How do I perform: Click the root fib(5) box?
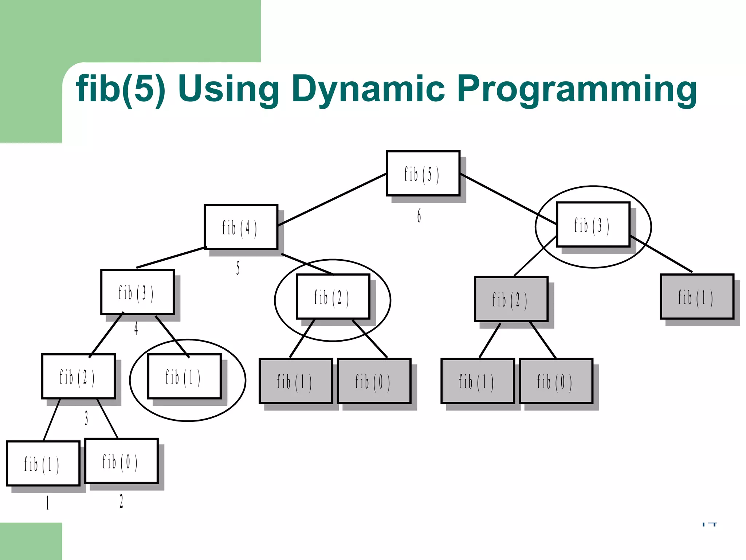pyautogui.click(x=423, y=174)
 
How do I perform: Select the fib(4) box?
pyautogui.click(x=241, y=227)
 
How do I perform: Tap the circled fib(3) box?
pyautogui.click(x=593, y=225)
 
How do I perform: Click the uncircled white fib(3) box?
pyautogui.click(x=137, y=292)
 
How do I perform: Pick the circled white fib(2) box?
pyautogui.click(x=333, y=297)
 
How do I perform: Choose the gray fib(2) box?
pyautogui.click(x=511, y=299)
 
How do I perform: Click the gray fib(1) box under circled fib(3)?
pyautogui.click(x=697, y=297)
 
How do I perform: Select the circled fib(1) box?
pyautogui.click(x=184, y=377)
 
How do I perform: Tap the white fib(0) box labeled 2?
pyautogui.click(x=121, y=461)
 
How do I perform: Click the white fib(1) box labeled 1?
pyautogui.click(x=43, y=464)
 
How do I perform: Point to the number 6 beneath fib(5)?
pyautogui.click(x=419, y=216)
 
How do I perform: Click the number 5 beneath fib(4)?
pyautogui.click(x=238, y=268)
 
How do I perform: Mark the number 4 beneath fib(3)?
pyautogui.click(x=136, y=328)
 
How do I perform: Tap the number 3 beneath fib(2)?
pyautogui.click(x=86, y=418)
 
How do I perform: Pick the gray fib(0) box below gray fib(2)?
pyautogui.click(x=556, y=381)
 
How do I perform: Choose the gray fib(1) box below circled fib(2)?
pyautogui.click(x=296, y=381)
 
